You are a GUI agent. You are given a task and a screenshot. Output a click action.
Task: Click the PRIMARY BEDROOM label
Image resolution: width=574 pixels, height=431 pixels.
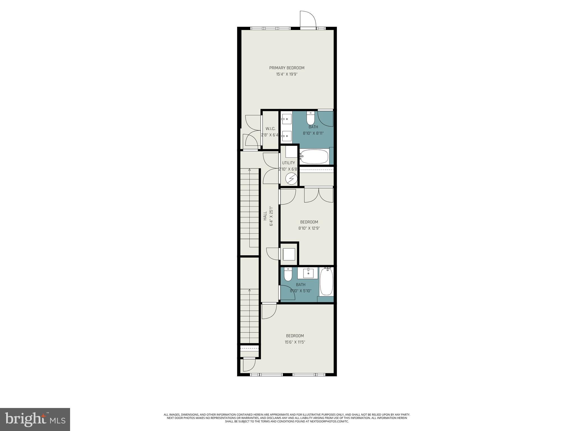click(x=287, y=68)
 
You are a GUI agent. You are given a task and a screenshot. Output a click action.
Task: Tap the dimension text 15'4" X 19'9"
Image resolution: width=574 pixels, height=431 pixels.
click(x=287, y=74)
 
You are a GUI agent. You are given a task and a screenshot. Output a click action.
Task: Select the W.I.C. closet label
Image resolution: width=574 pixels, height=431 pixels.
click(x=270, y=129)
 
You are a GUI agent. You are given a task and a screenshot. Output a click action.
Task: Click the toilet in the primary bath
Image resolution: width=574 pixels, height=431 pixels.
click(x=311, y=118)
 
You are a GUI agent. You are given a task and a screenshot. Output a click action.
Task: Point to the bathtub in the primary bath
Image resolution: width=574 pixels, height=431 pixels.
click(x=314, y=157)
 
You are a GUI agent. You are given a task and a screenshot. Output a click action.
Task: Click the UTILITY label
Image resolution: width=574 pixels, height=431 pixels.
click(x=288, y=163)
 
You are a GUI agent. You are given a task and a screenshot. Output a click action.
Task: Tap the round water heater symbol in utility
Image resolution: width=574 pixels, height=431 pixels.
click(x=291, y=178)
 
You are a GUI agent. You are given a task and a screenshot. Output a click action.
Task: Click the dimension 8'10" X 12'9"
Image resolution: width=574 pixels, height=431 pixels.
click(x=309, y=228)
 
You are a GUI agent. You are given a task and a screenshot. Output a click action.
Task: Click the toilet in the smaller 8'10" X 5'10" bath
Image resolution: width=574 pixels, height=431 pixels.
click(x=288, y=274)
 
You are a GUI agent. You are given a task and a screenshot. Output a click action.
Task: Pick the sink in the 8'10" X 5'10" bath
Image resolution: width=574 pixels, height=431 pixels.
click(x=308, y=273)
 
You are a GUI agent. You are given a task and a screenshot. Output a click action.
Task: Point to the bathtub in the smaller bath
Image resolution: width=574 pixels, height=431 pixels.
click(x=326, y=281)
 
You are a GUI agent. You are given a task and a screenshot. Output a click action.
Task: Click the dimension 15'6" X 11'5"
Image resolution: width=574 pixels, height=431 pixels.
click(x=295, y=342)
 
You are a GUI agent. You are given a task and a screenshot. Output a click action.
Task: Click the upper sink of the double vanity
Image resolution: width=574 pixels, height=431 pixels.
click(x=287, y=119)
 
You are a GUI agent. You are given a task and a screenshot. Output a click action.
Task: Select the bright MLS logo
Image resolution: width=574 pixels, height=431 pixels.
click(x=35, y=419)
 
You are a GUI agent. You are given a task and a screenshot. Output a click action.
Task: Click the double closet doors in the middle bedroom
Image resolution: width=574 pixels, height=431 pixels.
click(x=319, y=195)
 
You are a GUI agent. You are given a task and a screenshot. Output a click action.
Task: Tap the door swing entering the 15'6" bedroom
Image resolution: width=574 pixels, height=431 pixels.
click(x=269, y=311)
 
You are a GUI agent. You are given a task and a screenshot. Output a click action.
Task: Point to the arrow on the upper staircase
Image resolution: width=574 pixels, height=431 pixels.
click(x=249, y=170)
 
